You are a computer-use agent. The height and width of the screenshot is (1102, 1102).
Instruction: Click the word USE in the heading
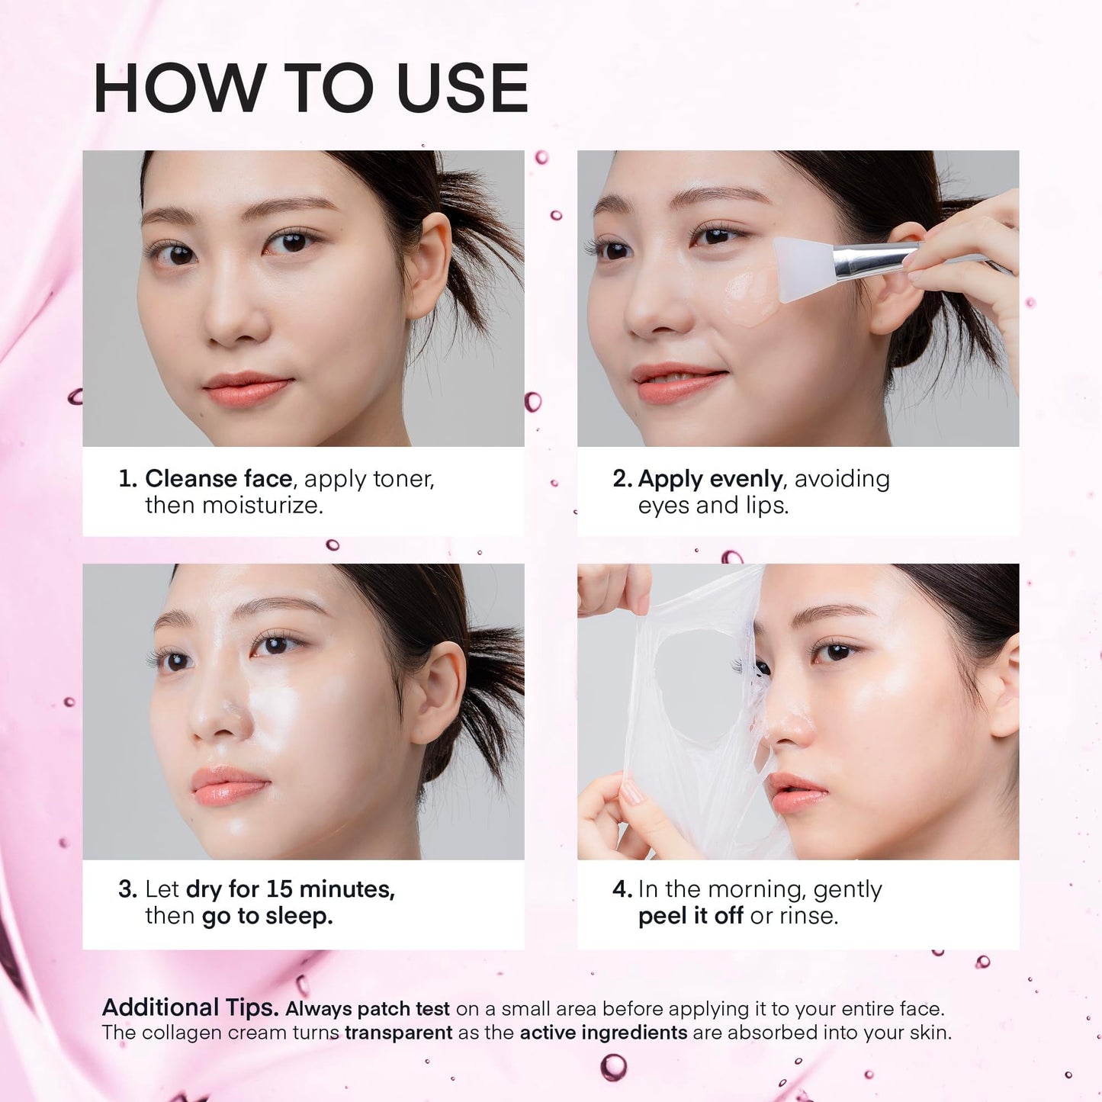463,88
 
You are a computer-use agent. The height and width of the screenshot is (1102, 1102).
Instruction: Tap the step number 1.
127,479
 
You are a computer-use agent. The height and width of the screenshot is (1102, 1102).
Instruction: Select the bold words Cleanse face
218,479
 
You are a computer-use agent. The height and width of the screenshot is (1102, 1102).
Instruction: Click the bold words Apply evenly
710,480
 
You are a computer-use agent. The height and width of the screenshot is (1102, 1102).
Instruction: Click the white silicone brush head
803,267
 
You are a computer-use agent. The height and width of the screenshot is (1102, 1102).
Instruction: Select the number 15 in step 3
279,889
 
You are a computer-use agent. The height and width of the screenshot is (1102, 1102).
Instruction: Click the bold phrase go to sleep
267,916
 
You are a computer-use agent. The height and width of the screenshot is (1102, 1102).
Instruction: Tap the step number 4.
622,889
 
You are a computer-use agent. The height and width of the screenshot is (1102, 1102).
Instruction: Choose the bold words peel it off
690,916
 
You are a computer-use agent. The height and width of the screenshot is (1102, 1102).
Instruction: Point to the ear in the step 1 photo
429,267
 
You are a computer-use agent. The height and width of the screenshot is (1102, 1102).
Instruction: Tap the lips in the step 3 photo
228,786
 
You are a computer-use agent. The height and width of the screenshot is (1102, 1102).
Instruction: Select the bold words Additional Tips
190,1008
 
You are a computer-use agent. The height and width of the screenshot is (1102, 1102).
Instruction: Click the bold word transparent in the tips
398,1033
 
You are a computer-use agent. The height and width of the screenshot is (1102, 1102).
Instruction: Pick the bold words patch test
403,1009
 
